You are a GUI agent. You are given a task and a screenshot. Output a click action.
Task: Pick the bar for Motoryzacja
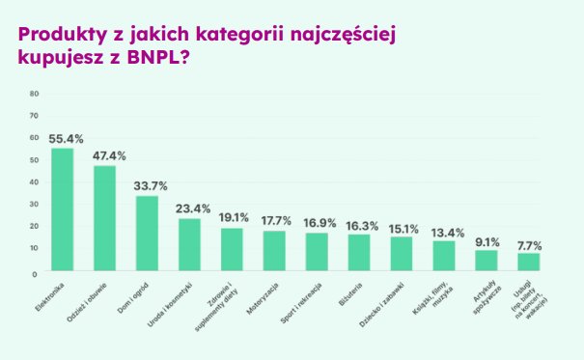click(x=274, y=251)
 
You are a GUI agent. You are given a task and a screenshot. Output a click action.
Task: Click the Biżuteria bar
click(x=359, y=253)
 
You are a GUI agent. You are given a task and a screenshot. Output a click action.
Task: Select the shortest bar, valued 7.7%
click(x=529, y=262)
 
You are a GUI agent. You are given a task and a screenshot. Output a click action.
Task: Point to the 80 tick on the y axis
click(x=35, y=94)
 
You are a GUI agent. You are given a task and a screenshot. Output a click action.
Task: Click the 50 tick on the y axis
click(x=35, y=160)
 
